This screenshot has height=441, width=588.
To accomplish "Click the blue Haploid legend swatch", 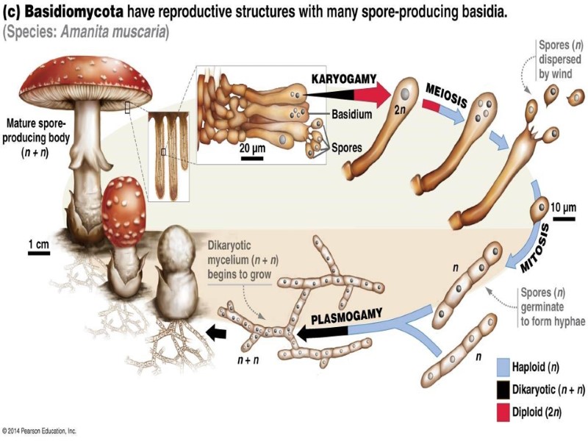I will (x=503, y=365).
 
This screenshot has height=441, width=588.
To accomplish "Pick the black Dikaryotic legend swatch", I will (x=503, y=388).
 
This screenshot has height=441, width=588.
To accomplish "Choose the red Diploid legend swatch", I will (x=503, y=410).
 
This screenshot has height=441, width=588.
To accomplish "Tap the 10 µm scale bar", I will (x=564, y=218).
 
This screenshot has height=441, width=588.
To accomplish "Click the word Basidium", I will (x=351, y=115).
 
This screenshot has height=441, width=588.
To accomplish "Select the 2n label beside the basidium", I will (x=400, y=112).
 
